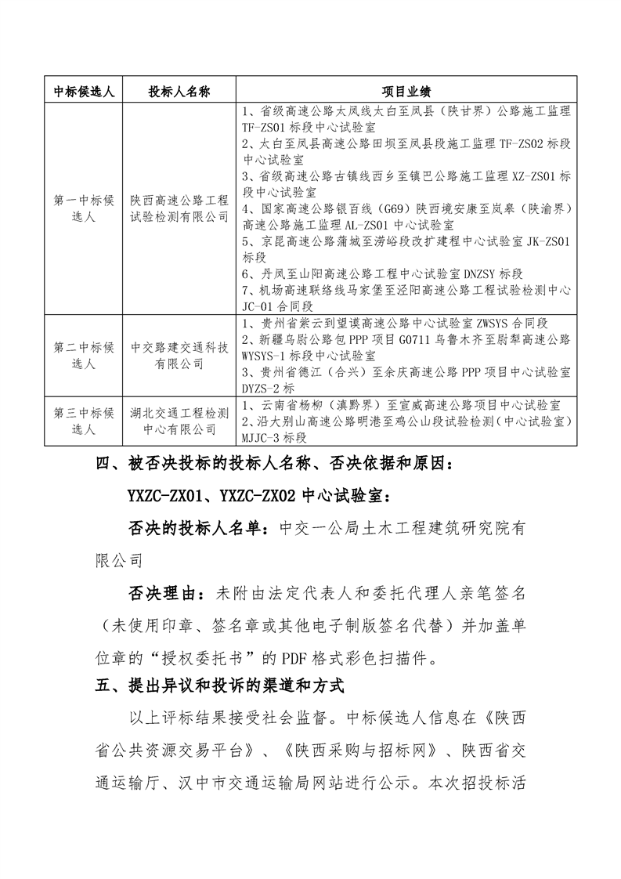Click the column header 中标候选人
coord(84,91)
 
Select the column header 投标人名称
coord(179,91)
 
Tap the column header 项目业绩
coord(406,91)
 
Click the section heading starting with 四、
coord(274,464)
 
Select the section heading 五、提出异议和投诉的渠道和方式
coord(220,685)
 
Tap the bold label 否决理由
coord(161,593)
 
